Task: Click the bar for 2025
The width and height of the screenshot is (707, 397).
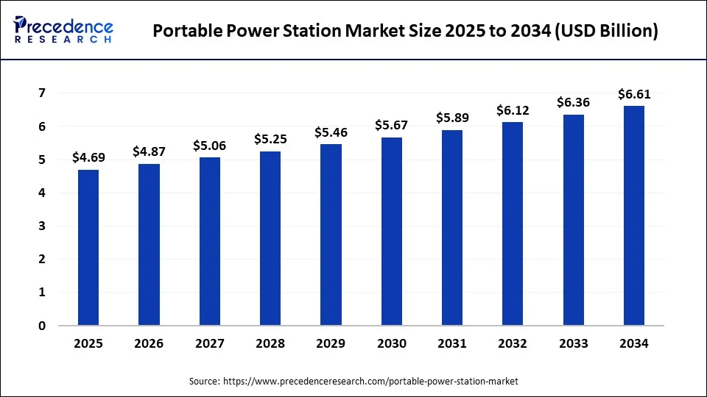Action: tap(88, 248)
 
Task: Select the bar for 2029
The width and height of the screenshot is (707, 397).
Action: tap(331, 235)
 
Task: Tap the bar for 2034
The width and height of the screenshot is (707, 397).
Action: tap(634, 215)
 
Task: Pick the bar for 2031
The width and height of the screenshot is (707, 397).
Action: tap(452, 228)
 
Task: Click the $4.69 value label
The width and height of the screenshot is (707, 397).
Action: tap(88, 157)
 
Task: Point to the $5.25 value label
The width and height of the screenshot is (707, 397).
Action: tap(270, 139)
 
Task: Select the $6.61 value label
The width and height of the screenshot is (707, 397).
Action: tap(634, 93)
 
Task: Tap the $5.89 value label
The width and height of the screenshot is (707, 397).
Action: tap(452, 118)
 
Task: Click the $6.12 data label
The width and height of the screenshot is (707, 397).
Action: tap(513, 110)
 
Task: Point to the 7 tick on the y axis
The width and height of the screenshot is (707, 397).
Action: tap(42, 93)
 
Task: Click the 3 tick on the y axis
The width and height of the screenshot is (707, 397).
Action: tap(42, 226)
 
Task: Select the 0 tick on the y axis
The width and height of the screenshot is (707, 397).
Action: tap(42, 326)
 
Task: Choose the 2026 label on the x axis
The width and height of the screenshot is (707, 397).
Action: tap(149, 343)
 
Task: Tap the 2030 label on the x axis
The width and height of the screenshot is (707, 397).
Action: tap(392, 343)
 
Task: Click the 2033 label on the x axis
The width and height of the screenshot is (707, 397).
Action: tap(574, 343)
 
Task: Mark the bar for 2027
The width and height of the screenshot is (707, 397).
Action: tap(210, 241)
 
